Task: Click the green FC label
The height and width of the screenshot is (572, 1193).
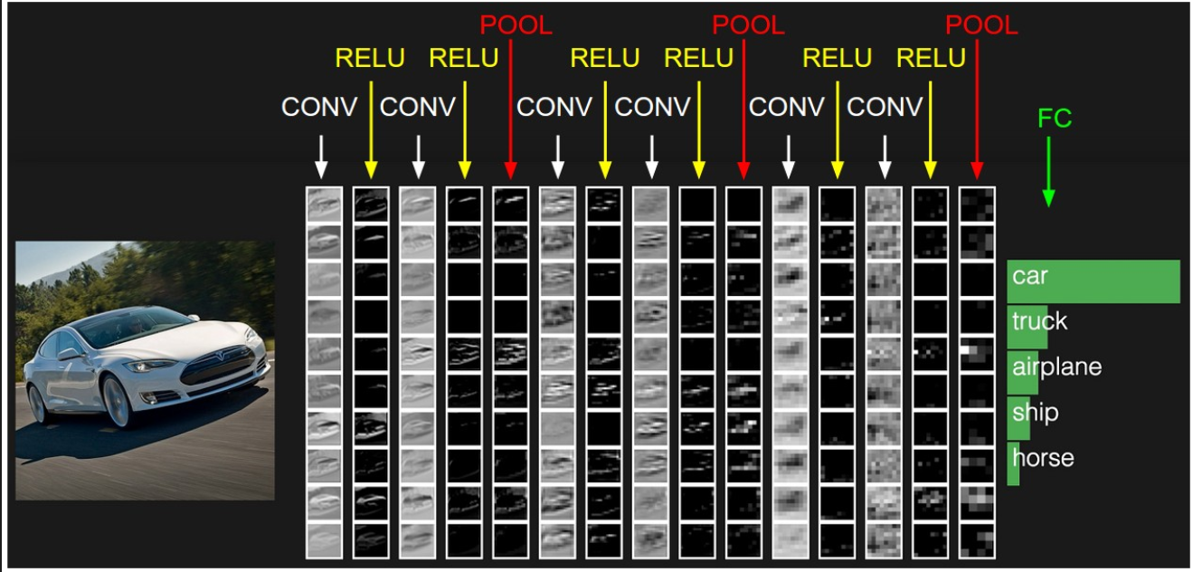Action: pos(1055,119)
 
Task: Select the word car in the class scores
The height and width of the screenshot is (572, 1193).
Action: pos(1029,276)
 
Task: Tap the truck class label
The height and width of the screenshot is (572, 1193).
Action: pos(1040,321)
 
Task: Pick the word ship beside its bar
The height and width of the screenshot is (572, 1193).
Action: pos(1035,413)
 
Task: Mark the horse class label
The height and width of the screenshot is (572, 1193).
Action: pos(1043,458)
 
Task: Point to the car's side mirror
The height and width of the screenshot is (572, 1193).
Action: pos(71,354)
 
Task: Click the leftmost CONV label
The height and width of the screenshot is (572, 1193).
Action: pos(319,107)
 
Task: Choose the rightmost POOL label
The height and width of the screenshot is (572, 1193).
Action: pos(981,26)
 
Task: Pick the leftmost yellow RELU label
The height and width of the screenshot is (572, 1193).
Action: pos(369,59)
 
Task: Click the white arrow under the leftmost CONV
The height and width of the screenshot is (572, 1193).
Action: pos(320,157)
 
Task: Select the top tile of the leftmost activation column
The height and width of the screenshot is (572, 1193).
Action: pos(324,205)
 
